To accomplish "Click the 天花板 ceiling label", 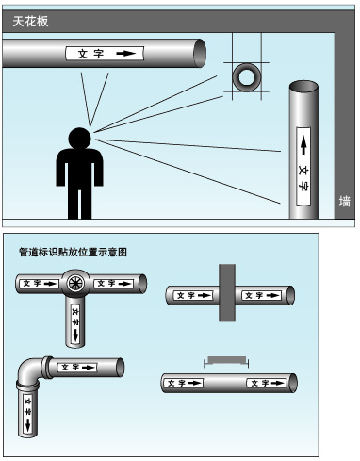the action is click(30, 22).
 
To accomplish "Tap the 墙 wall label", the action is click(345, 202).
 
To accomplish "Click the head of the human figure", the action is click(80, 139).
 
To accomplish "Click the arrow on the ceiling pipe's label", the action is click(126, 54).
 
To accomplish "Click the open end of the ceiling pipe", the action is click(200, 53).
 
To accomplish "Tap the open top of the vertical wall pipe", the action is click(303, 87).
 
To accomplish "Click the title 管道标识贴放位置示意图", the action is click(73, 252).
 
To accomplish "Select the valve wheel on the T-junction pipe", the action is click(75, 284).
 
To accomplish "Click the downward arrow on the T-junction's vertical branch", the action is click(75, 336).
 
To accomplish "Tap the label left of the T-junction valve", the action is click(39, 284).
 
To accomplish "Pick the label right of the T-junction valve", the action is click(114, 284).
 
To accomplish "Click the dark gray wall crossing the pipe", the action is click(227, 292).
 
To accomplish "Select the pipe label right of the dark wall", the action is click(262, 295).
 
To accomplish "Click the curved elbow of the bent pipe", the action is click(27, 370).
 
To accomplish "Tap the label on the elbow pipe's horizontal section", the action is click(77, 367).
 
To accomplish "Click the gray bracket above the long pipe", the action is click(226, 361).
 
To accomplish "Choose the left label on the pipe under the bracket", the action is click(184, 383).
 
